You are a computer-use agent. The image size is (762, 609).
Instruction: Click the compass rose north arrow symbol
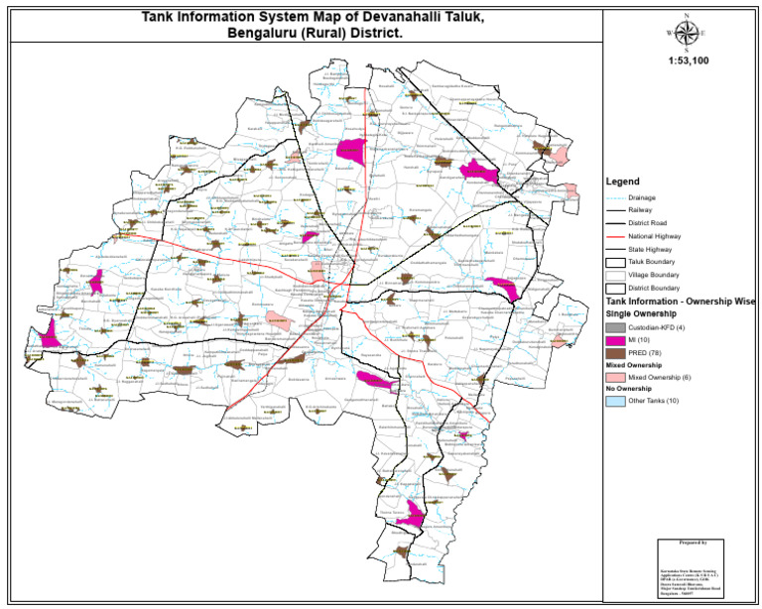684,32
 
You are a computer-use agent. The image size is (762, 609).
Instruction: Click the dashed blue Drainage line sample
617,197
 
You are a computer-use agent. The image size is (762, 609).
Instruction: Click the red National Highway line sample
617,237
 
